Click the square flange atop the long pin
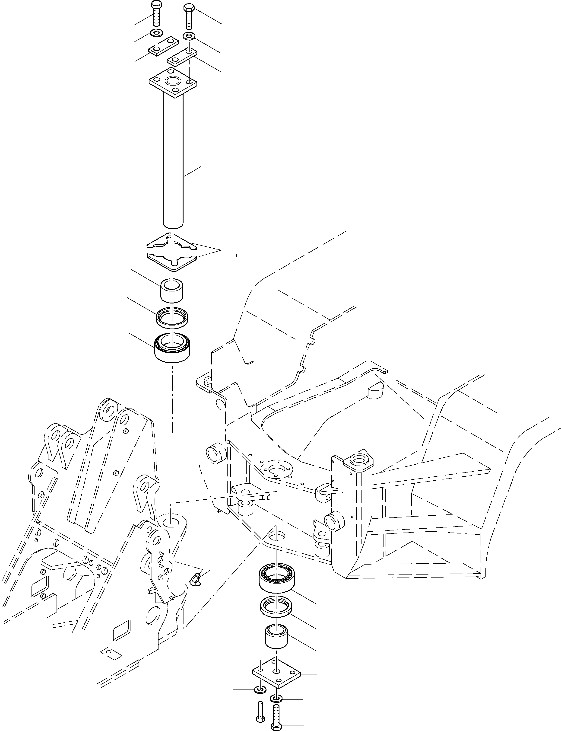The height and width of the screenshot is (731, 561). coord(173,82)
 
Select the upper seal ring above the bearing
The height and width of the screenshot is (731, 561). coord(172,316)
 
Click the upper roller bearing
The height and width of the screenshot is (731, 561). coord(172,348)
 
